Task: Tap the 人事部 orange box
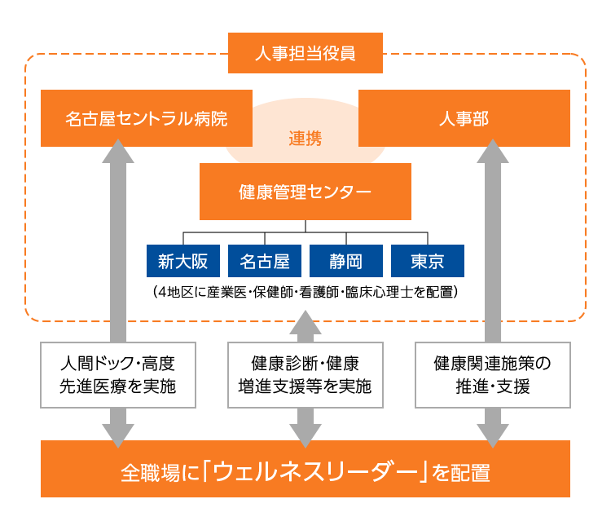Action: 464,118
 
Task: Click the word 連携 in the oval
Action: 305,139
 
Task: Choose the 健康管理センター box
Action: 305,192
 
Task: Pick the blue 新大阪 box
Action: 183,261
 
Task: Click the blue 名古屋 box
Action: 265,261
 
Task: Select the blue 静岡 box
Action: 346,261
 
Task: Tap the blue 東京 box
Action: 428,261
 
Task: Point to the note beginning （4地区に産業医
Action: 305,291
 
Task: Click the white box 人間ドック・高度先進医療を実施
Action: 118,374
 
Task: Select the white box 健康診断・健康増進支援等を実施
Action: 305,374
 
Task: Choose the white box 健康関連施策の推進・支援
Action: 493,374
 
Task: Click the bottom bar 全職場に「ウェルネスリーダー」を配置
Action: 305,470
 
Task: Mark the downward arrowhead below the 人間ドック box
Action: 118,433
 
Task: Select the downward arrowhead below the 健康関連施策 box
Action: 493,433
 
